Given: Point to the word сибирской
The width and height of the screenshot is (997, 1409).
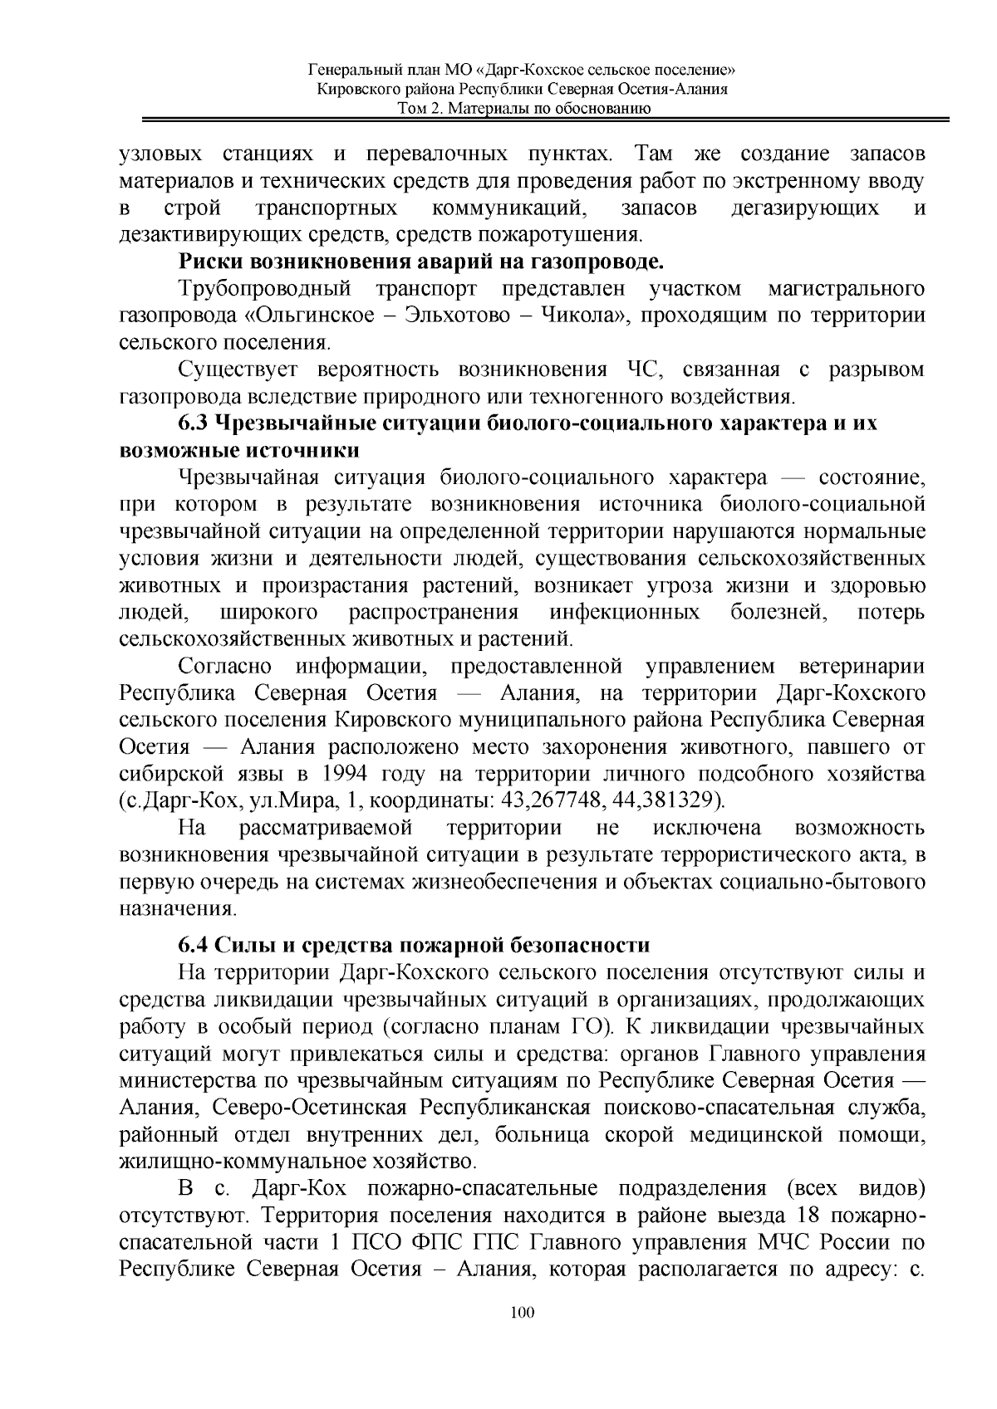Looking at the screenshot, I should (173, 775).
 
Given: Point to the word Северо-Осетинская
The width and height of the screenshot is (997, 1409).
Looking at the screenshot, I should (310, 1108).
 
